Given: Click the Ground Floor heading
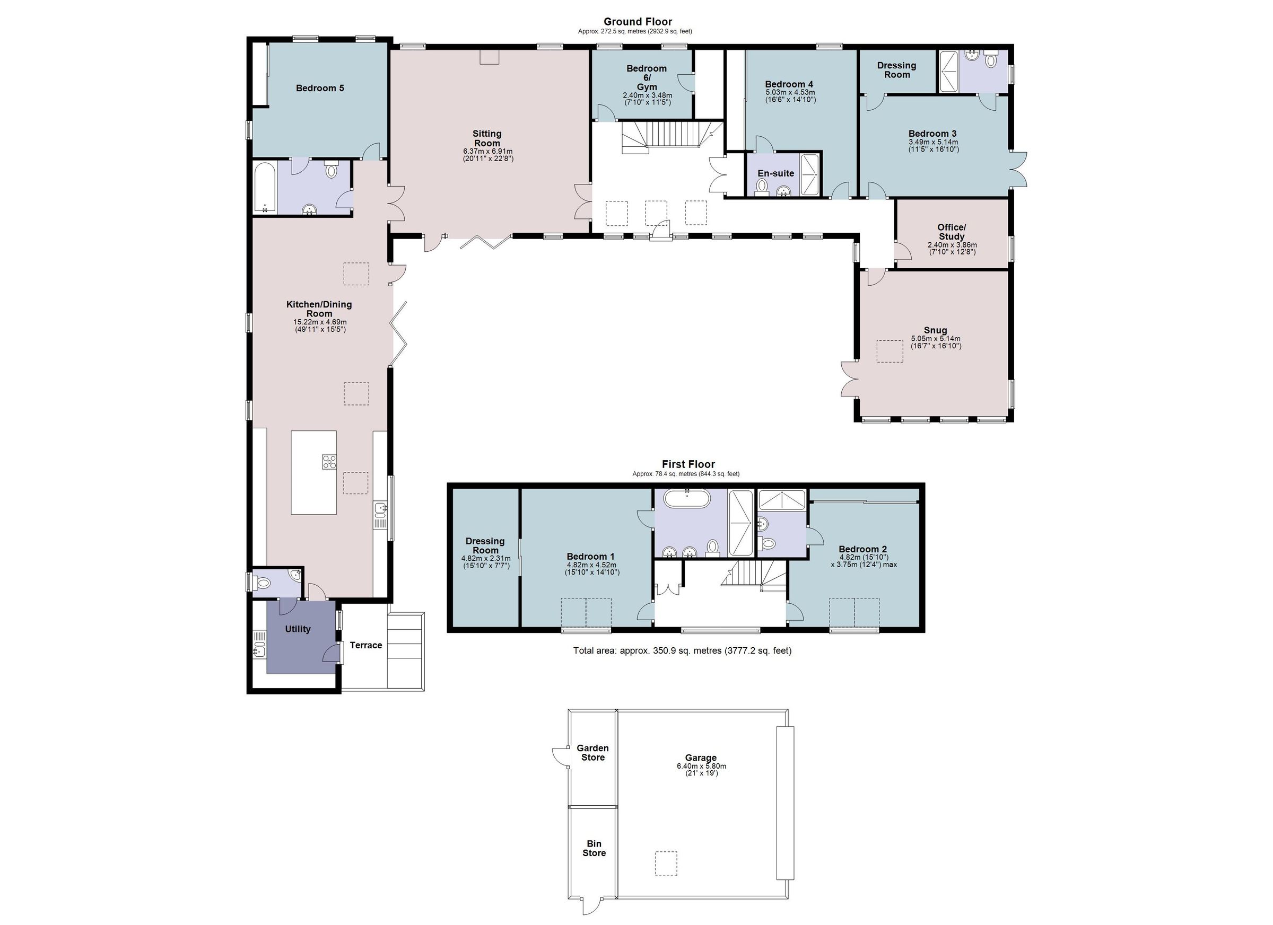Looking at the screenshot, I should click(x=638, y=22).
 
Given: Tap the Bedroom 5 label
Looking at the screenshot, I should click(x=320, y=88).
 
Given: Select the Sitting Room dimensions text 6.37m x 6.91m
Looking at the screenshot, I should click(x=487, y=152).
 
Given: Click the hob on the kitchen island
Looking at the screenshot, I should click(x=329, y=462).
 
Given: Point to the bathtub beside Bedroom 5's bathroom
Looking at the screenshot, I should click(x=264, y=187).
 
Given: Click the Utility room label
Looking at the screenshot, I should click(x=298, y=629).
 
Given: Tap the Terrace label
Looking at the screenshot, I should click(x=365, y=645).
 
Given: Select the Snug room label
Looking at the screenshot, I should click(x=935, y=330).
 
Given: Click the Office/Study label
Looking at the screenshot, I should click(x=952, y=232).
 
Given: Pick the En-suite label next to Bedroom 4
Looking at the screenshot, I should click(x=775, y=173).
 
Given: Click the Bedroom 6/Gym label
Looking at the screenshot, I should click(x=647, y=77).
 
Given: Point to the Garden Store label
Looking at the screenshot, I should click(x=592, y=752).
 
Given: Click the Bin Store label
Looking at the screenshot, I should click(x=594, y=848).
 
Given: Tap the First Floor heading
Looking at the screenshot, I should click(x=688, y=464).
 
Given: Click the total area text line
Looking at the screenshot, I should click(x=682, y=651).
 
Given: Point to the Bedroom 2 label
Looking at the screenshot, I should click(x=862, y=549).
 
